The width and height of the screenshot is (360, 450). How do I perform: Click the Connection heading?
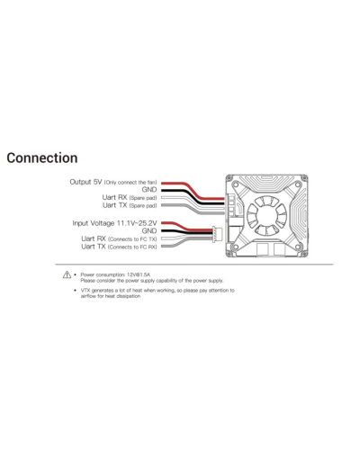(x=42, y=158)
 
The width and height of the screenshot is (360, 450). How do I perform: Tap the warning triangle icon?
(x=67, y=274)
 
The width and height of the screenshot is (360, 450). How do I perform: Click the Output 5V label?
(x=85, y=182)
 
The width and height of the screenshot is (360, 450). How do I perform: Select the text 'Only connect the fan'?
(x=130, y=183)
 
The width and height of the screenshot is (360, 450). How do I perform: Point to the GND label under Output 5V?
(x=149, y=190)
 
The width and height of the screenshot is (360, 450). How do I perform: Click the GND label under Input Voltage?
(x=149, y=231)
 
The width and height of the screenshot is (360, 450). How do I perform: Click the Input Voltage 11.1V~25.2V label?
(x=114, y=223)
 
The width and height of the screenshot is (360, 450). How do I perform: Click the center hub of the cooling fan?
(x=266, y=215)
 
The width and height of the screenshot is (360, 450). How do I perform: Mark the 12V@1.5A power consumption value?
(x=139, y=274)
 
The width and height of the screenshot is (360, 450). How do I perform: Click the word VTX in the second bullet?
(x=85, y=291)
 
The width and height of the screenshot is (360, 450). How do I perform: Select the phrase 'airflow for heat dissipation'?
(x=111, y=296)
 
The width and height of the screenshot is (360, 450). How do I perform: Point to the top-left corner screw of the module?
(x=230, y=178)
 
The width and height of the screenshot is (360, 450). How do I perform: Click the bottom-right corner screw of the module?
(x=304, y=253)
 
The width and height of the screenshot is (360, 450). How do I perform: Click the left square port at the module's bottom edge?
(x=262, y=249)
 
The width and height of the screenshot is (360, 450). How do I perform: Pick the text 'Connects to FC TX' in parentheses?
(x=132, y=239)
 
